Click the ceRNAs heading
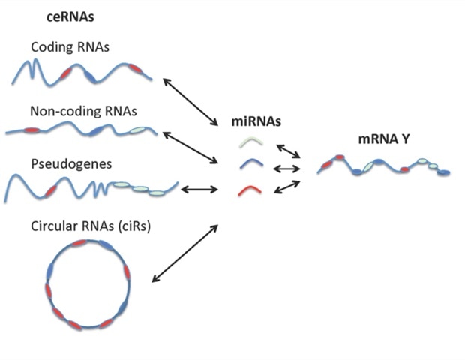click(x=44, y=16)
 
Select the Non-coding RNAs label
click(x=83, y=112)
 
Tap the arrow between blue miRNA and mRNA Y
click(x=287, y=169)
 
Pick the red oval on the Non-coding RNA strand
click(x=31, y=130)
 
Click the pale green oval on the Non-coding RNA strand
click(x=139, y=131)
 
